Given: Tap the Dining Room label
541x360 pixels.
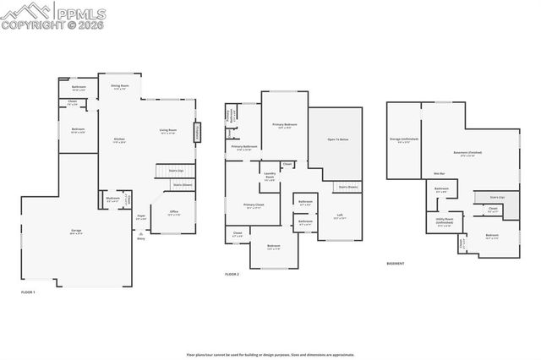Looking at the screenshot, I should pyautogui.click(x=119, y=87).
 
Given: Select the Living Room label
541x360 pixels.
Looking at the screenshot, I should pyautogui.click(x=168, y=131).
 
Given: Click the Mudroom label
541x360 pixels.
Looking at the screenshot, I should pyautogui.click(x=112, y=200).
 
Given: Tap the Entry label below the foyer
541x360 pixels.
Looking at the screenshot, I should pyautogui.click(x=140, y=238).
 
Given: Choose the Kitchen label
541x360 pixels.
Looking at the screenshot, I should pyautogui.click(x=119, y=140).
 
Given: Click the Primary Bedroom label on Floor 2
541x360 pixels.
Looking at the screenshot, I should pyautogui.click(x=281, y=126).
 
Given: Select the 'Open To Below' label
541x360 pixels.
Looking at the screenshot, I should pyautogui.click(x=338, y=139).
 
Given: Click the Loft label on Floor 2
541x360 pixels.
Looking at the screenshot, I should pyautogui.click(x=339, y=215).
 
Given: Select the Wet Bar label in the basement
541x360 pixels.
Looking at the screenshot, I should pyautogui.click(x=440, y=173).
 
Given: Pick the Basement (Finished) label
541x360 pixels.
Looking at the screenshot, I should pyautogui.click(x=467, y=153).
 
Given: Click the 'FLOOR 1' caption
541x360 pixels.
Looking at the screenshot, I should pyautogui.click(x=28, y=292).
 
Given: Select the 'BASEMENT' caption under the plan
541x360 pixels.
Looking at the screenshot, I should pyautogui.click(x=395, y=263).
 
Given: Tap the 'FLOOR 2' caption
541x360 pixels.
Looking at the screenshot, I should pyautogui.click(x=232, y=275).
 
